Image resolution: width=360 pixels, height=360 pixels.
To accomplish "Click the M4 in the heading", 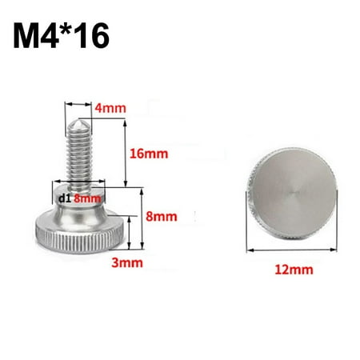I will (x=38, y=38).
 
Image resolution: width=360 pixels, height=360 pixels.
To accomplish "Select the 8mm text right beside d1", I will (x=87, y=198).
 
